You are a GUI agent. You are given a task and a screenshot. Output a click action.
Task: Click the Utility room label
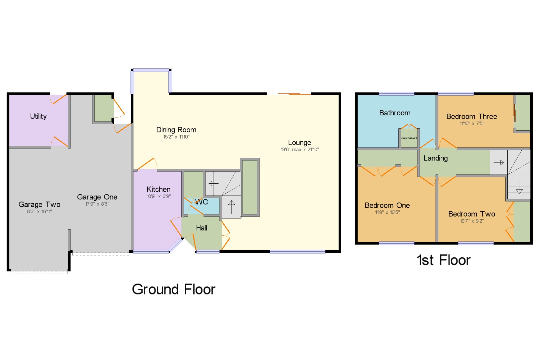[x=38, y=116]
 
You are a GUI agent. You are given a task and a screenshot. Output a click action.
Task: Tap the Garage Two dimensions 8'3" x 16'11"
[x=39, y=211]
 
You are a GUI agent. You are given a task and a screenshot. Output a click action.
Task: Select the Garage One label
[x=97, y=197]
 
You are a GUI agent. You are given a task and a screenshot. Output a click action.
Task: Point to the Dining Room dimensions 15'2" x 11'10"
[x=176, y=137]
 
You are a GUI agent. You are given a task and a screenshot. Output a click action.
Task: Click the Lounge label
[x=299, y=143]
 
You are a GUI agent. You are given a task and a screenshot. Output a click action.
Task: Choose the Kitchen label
[x=158, y=189]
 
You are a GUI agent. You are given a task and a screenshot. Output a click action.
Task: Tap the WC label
[x=202, y=202]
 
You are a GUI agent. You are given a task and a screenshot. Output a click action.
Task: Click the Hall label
[x=201, y=228]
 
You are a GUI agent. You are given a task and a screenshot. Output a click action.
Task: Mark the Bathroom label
[x=395, y=113]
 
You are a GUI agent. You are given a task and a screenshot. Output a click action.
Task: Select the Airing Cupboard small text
[x=409, y=138]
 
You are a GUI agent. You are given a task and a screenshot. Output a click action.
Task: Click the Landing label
[x=436, y=158]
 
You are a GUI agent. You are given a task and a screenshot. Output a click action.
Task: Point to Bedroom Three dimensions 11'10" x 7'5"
[x=472, y=123]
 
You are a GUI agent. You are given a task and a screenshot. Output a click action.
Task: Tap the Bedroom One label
[x=387, y=205]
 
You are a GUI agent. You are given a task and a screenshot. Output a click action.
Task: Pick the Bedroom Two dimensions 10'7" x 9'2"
[x=472, y=221]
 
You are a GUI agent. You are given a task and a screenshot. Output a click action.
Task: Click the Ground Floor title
[x=174, y=289]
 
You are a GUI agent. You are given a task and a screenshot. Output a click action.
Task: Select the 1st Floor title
[x=444, y=260]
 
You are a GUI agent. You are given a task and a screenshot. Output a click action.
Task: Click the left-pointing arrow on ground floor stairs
[x=213, y=184]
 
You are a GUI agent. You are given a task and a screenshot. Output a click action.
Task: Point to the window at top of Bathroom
[x=396, y=94]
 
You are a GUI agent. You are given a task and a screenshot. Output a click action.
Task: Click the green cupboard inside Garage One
[x=103, y=108]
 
